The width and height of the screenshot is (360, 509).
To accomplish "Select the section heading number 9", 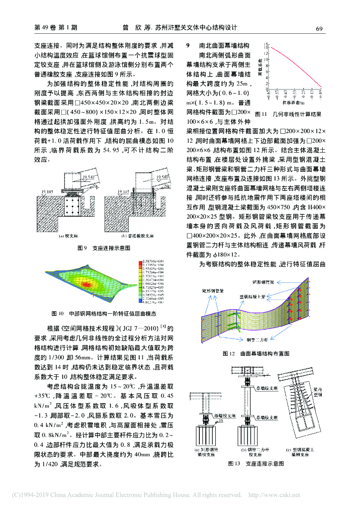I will [x=188, y=45].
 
